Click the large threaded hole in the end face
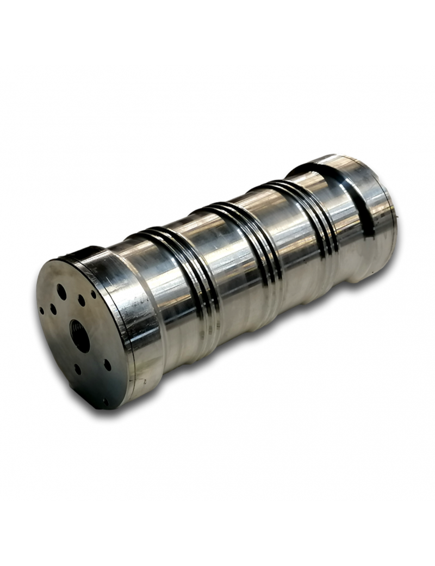tap(80, 336)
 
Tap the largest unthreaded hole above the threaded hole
tap(61, 292)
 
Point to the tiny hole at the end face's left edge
tap(42, 311)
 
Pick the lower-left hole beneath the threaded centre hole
tap(77, 368)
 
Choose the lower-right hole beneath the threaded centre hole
tap(107, 365)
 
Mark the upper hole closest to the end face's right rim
tap(94, 294)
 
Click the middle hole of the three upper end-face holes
tap(81, 300)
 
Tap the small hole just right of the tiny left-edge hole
tap(53, 309)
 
